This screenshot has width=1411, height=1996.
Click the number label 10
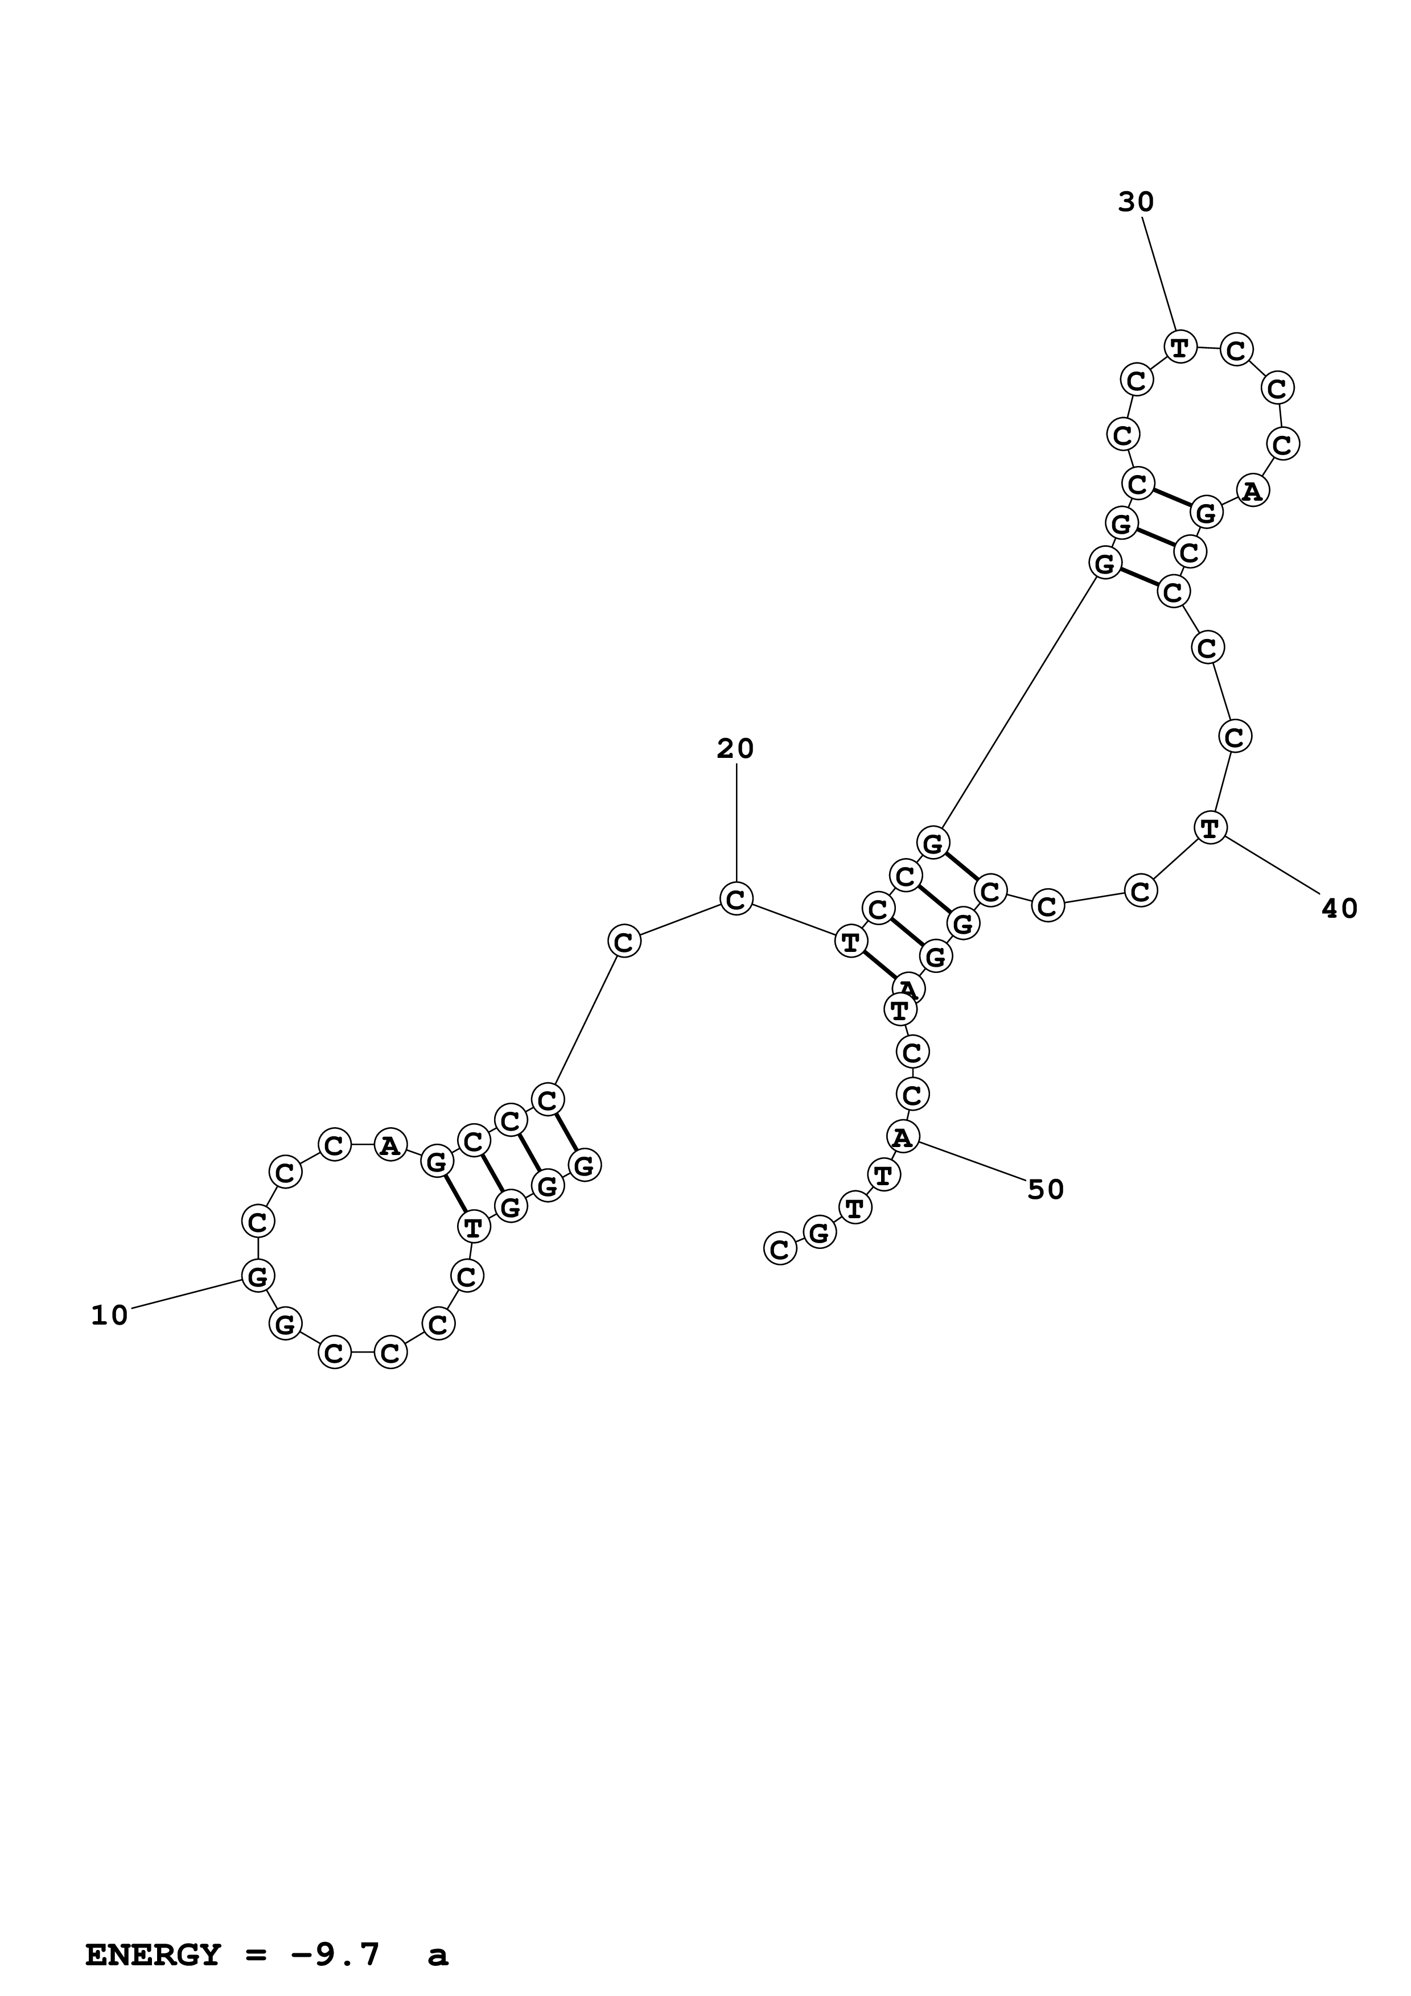109,1316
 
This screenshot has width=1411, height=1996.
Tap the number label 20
735,749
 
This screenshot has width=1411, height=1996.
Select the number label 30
1136,203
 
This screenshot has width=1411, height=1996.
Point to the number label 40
1339,909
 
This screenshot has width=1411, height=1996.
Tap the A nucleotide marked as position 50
903,1136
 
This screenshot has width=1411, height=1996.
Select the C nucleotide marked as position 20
735,899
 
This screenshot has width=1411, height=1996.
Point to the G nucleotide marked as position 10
257,1276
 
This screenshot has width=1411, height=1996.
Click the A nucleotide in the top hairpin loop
1251,491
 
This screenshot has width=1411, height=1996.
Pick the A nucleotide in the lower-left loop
389,1146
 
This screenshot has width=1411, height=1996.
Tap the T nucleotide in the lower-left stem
473,1227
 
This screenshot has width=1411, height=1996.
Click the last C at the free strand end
779,1249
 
